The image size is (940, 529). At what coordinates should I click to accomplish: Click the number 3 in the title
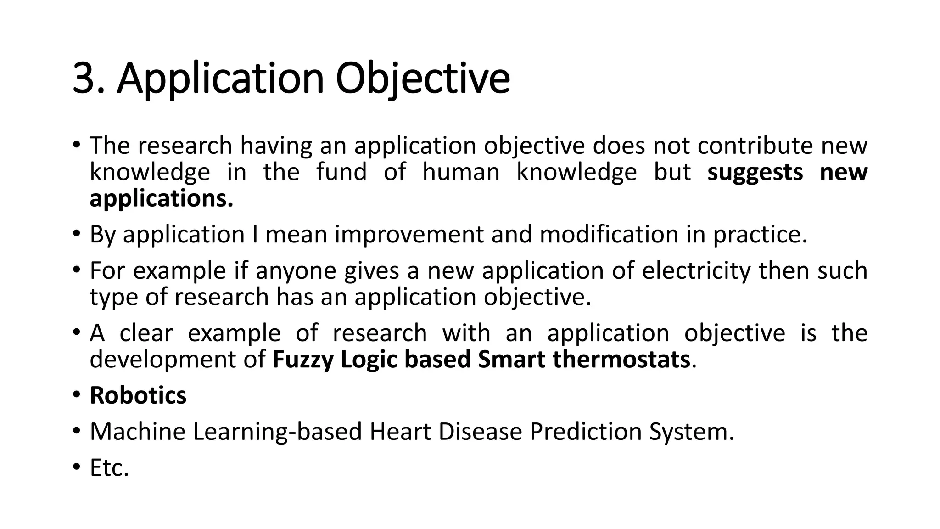click(85, 79)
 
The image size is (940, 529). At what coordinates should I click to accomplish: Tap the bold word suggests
click(755, 173)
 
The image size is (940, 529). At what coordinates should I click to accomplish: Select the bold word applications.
click(161, 199)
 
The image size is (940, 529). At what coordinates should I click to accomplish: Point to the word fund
click(341, 173)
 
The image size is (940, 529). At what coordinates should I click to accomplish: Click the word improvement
click(408, 235)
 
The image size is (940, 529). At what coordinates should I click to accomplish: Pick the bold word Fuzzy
click(302, 360)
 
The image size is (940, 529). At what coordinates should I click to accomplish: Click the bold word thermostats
click(621, 360)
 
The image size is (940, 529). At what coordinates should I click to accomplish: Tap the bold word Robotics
click(138, 396)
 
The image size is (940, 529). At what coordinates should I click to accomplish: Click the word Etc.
click(109, 468)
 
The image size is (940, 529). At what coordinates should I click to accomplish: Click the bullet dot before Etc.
click(76, 468)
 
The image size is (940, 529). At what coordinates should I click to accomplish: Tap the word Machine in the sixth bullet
click(137, 432)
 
